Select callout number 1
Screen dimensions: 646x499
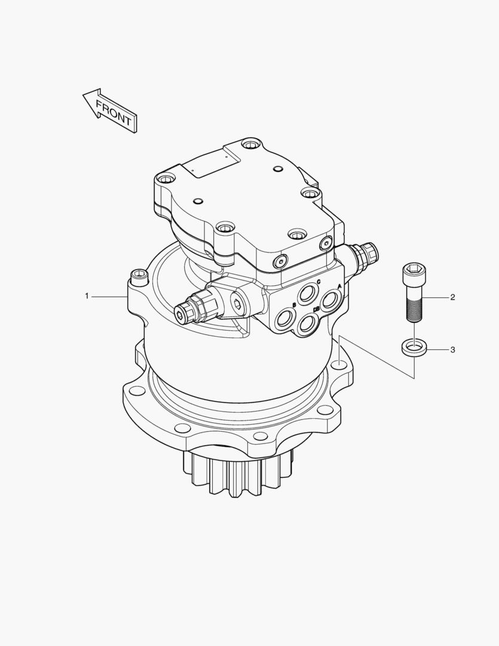point(87,296)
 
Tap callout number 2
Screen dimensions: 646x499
point(452,297)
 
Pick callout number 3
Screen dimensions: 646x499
point(452,349)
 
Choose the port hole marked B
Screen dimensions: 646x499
point(285,317)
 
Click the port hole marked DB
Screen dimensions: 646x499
point(307,324)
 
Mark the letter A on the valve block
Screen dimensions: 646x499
point(339,287)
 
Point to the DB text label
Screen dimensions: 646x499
point(317,310)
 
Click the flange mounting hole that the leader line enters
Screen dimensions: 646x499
point(339,363)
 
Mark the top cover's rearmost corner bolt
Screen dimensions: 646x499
point(250,144)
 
